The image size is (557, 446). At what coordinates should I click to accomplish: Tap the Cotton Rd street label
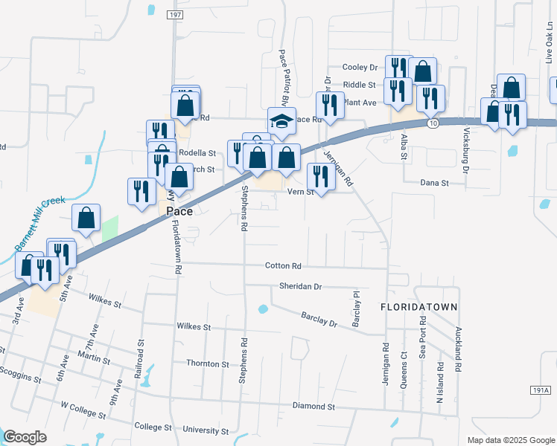(283, 265)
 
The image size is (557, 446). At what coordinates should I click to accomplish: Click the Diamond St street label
(313, 407)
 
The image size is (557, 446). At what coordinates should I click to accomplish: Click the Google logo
(25, 437)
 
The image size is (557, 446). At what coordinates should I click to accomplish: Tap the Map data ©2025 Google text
(510, 440)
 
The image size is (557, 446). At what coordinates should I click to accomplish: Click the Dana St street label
(435, 182)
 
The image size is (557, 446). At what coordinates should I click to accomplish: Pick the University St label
(206, 430)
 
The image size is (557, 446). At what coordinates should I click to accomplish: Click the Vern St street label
(302, 192)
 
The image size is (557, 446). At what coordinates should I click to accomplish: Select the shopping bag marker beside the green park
(86, 219)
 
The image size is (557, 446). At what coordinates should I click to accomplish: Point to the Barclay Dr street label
(319, 320)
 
